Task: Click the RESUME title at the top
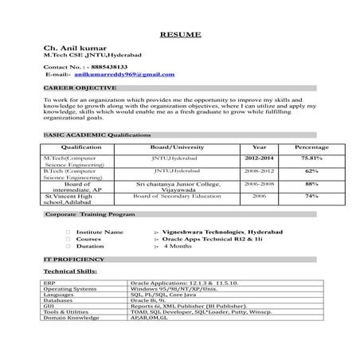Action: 180,34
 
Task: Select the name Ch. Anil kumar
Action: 72,49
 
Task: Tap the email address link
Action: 128,73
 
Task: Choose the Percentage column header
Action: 311,147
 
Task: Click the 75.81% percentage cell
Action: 311,158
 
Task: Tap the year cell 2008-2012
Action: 259,170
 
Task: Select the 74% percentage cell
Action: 311,195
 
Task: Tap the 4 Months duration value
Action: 182,246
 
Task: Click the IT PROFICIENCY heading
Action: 73,260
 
